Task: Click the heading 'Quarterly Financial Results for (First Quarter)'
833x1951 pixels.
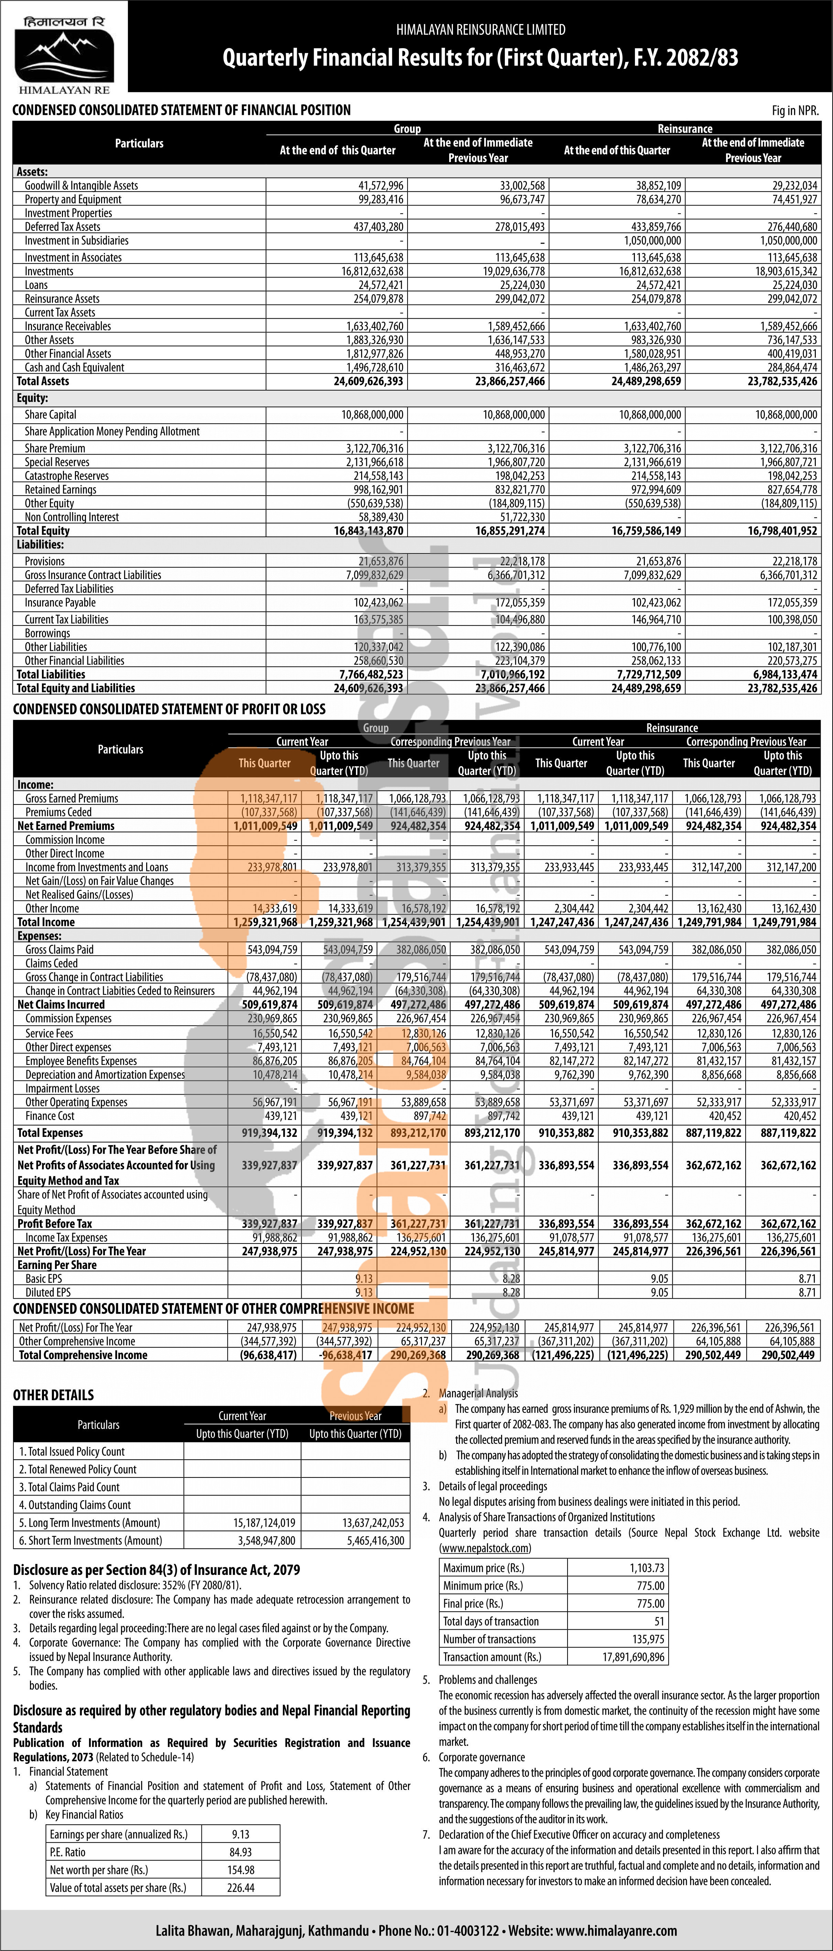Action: [x=480, y=58]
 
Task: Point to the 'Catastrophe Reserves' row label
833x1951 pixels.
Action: [x=67, y=476]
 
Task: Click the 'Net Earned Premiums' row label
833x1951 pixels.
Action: [x=66, y=825]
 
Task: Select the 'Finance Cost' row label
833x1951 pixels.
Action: [x=50, y=1116]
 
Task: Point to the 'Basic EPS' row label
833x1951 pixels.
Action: [x=44, y=1278]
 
